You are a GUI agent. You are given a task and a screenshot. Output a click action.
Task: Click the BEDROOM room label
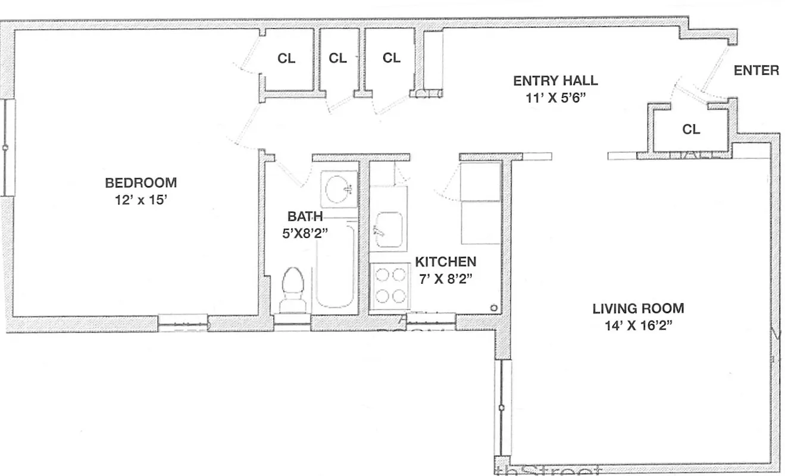(x=140, y=183)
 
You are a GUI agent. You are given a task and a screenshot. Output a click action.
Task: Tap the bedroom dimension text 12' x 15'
(x=140, y=201)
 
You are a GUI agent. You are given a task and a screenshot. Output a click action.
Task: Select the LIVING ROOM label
(x=638, y=309)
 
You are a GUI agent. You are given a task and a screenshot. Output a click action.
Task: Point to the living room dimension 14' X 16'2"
(x=638, y=326)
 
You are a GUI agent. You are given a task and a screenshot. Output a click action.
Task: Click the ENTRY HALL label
(x=555, y=81)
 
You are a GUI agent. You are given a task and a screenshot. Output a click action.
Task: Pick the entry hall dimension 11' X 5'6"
(x=555, y=98)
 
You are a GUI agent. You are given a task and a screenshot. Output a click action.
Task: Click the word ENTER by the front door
(x=756, y=71)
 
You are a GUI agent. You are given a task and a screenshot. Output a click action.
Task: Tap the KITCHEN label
(x=445, y=262)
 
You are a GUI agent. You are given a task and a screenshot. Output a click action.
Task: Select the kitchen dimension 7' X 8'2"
(x=445, y=279)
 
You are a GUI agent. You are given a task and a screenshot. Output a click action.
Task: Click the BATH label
(x=305, y=217)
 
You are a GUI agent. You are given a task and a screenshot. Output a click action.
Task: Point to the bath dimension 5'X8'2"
(x=305, y=233)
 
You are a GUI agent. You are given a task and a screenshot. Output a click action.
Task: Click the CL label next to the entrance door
(x=691, y=129)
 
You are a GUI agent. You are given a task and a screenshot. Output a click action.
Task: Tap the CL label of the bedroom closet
(x=286, y=58)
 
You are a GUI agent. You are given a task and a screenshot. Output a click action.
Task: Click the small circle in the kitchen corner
(x=493, y=308)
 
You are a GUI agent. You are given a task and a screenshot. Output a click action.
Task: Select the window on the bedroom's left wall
(x=7, y=148)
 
